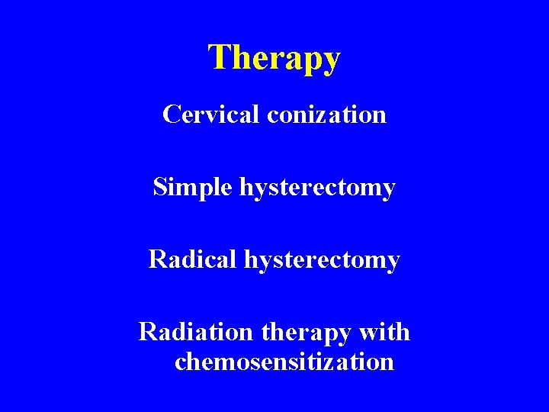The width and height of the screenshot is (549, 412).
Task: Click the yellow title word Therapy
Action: [274, 58]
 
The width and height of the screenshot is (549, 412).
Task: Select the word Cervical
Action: [211, 114]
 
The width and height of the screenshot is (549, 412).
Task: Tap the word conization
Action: [326, 114]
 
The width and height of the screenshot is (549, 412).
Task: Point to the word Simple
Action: [193, 187]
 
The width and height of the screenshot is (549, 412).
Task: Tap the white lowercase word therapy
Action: [303, 333]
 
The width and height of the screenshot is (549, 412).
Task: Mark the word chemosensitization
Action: [284, 361]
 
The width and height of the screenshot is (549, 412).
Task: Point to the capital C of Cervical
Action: [171, 115]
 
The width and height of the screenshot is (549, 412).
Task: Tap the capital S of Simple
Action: [160, 188]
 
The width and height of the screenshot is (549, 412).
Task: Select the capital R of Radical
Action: [158, 260]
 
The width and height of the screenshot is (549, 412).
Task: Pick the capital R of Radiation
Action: [148, 333]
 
